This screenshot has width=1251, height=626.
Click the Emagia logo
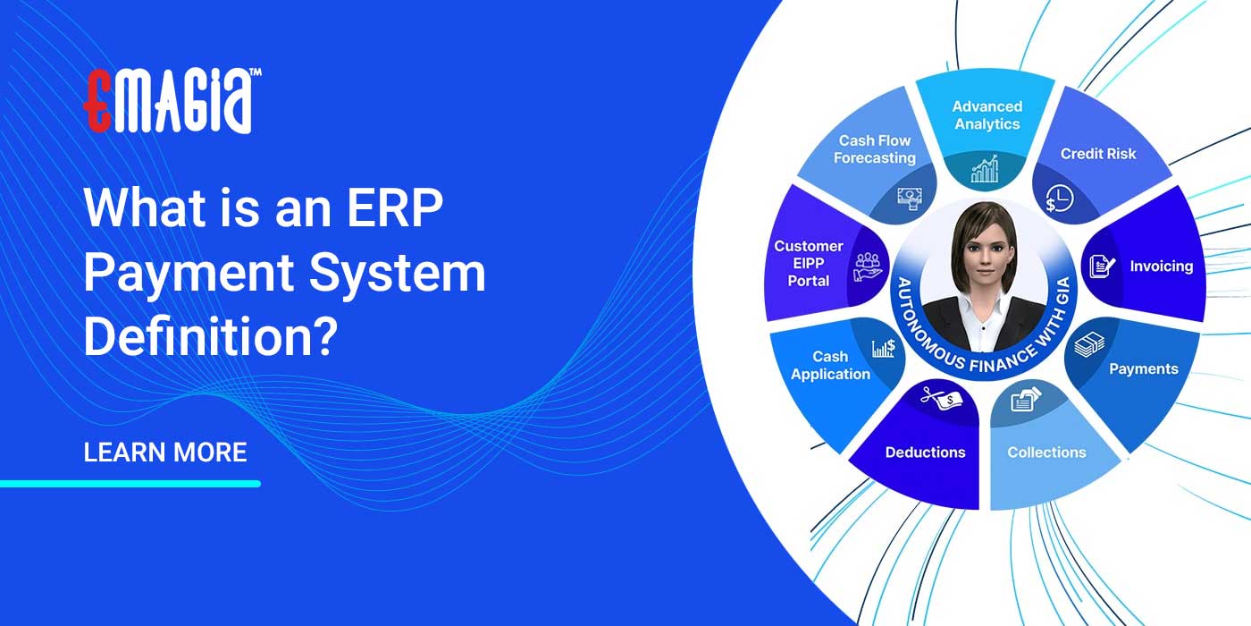(x=172, y=100)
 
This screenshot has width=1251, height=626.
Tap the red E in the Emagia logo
(x=97, y=100)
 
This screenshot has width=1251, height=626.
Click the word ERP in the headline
(x=395, y=207)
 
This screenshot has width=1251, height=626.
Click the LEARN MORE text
(x=165, y=453)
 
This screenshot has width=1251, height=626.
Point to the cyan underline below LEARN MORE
(x=130, y=484)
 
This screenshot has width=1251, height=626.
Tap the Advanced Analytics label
(x=987, y=115)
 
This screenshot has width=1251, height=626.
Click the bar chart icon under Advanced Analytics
(x=985, y=169)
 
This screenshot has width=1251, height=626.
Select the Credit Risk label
(x=1098, y=154)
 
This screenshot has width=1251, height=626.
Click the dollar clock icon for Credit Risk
(x=1060, y=199)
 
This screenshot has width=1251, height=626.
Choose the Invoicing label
(x=1162, y=266)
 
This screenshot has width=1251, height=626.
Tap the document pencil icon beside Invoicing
(x=1102, y=266)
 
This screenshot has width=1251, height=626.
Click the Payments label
(x=1143, y=368)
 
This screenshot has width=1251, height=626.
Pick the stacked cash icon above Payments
(x=1089, y=344)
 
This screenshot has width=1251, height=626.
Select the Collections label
(x=1046, y=453)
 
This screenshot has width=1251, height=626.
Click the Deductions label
(x=925, y=453)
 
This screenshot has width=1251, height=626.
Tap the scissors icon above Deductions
(x=942, y=397)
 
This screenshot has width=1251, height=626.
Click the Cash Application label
(x=830, y=366)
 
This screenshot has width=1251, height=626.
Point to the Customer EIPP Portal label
(x=808, y=263)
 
